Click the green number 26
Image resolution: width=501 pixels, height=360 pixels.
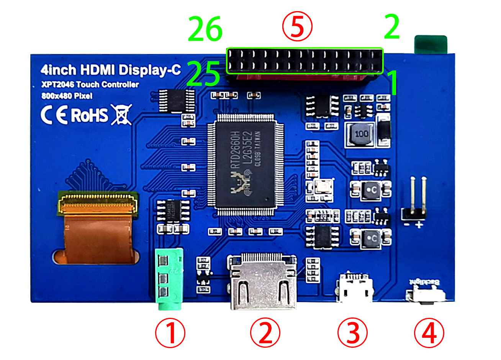[205, 29]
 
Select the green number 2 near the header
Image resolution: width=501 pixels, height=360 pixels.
[392, 26]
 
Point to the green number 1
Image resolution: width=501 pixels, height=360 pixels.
[392, 82]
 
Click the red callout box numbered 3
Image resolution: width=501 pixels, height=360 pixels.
[352, 332]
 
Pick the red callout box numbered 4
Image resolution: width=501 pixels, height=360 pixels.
[429, 332]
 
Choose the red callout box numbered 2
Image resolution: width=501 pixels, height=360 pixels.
[265, 332]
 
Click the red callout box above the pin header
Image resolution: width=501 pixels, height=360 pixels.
[297, 26]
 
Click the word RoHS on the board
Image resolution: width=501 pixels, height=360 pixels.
[90, 115]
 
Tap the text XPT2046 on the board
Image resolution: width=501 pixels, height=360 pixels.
[58, 85]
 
